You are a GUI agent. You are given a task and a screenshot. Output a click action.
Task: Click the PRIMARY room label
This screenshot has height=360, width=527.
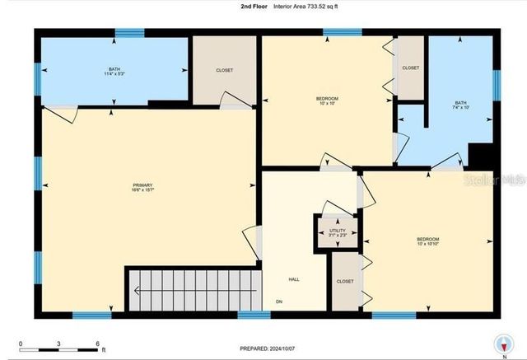click(x=143, y=187)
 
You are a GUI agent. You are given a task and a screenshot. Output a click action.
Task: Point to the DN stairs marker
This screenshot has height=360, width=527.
click(x=278, y=300)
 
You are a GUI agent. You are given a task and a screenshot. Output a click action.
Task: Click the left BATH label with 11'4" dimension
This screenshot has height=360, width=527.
click(x=114, y=71)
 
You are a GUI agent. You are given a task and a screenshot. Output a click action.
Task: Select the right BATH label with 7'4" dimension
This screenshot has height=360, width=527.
click(x=460, y=105)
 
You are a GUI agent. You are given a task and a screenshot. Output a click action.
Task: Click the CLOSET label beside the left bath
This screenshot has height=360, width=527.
click(x=224, y=71)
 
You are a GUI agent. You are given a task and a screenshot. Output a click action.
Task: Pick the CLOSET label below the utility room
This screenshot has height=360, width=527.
click(x=345, y=282)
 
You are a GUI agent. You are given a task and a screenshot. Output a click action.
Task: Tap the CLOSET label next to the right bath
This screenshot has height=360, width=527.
click(x=410, y=68)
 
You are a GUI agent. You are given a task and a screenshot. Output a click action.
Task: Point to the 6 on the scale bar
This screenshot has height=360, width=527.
click(x=97, y=344)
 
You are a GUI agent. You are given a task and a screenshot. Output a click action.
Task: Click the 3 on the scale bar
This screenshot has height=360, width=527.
click(x=59, y=344)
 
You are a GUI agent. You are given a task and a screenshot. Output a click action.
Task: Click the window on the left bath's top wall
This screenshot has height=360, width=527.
click(x=129, y=33)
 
